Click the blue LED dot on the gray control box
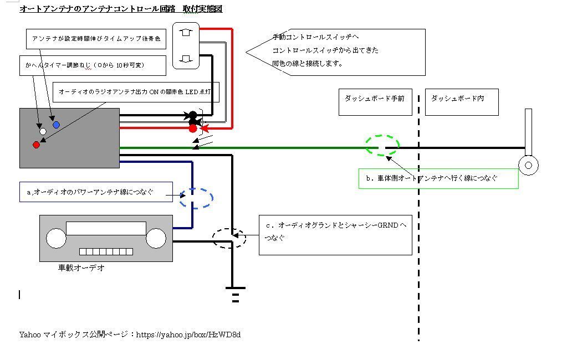[56, 125]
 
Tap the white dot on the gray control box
[43, 132]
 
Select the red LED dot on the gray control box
[37, 145]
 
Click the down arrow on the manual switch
[186, 58]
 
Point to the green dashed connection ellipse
[382, 146]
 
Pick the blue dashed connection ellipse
[196, 198]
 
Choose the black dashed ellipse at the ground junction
[229, 238]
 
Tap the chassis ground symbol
[236, 294]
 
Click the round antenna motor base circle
[528, 165]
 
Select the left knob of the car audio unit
[55, 239]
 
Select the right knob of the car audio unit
[156, 239]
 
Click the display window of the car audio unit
[105, 228]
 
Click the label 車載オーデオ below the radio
[81, 268]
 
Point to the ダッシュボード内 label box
[461, 101]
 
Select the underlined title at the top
[121, 9]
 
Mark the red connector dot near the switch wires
[192, 128]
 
